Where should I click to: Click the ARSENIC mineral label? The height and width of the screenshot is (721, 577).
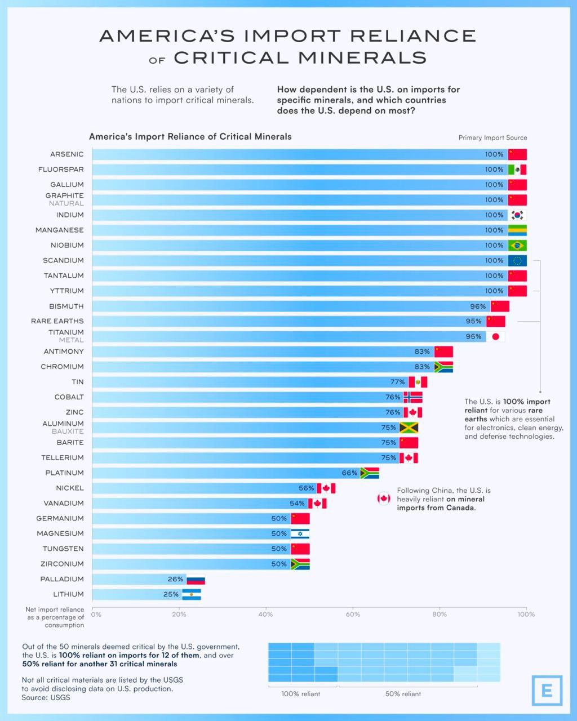coord(66,154)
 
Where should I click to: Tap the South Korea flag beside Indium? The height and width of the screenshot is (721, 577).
coord(517,215)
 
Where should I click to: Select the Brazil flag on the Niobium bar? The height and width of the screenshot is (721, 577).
coord(517,246)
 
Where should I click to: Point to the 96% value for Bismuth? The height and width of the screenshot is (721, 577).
coord(478,306)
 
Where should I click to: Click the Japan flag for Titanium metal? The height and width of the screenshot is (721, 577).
coord(496,337)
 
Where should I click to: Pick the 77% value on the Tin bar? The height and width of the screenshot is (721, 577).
coord(398,382)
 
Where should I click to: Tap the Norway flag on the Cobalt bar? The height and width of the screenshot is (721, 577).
coord(413,397)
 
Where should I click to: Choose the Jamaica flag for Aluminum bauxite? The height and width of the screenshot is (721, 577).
coord(409,428)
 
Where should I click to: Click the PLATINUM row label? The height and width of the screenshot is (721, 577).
coord(64,473)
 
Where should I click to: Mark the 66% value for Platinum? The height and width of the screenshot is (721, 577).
coord(349,473)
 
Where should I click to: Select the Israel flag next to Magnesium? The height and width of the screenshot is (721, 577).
coord(300,534)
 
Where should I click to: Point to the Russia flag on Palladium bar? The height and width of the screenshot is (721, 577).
coord(196,580)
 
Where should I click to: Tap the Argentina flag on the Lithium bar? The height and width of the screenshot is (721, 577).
coord(192,595)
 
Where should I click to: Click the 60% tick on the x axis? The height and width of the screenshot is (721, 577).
coord(353,615)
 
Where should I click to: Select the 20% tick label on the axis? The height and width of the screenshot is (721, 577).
coord(179,615)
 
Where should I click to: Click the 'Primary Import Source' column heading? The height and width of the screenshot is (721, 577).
coord(492,138)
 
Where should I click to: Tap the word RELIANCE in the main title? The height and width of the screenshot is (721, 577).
coord(413,36)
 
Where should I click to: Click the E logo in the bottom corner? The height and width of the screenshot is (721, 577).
coord(547,691)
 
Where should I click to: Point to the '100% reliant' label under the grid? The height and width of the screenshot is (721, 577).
coord(301,694)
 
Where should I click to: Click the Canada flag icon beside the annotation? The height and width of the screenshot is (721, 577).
coord(384,499)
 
